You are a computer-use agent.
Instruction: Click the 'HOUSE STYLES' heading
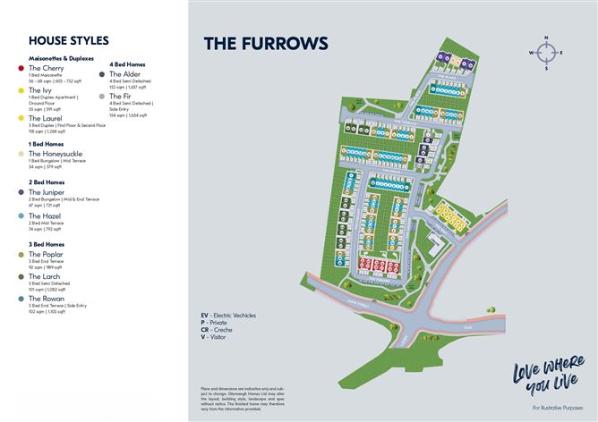(69, 41)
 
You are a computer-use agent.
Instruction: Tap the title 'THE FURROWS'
(253, 44)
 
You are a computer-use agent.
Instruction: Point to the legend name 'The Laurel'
(46, 118)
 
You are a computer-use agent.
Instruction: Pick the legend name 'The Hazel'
(45, 215)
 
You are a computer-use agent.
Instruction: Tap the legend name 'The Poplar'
(47, 254)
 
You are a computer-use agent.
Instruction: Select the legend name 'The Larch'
(45, 277)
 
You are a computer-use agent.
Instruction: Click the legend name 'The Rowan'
(47, 299)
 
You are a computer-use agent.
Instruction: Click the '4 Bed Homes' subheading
(128, 64)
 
